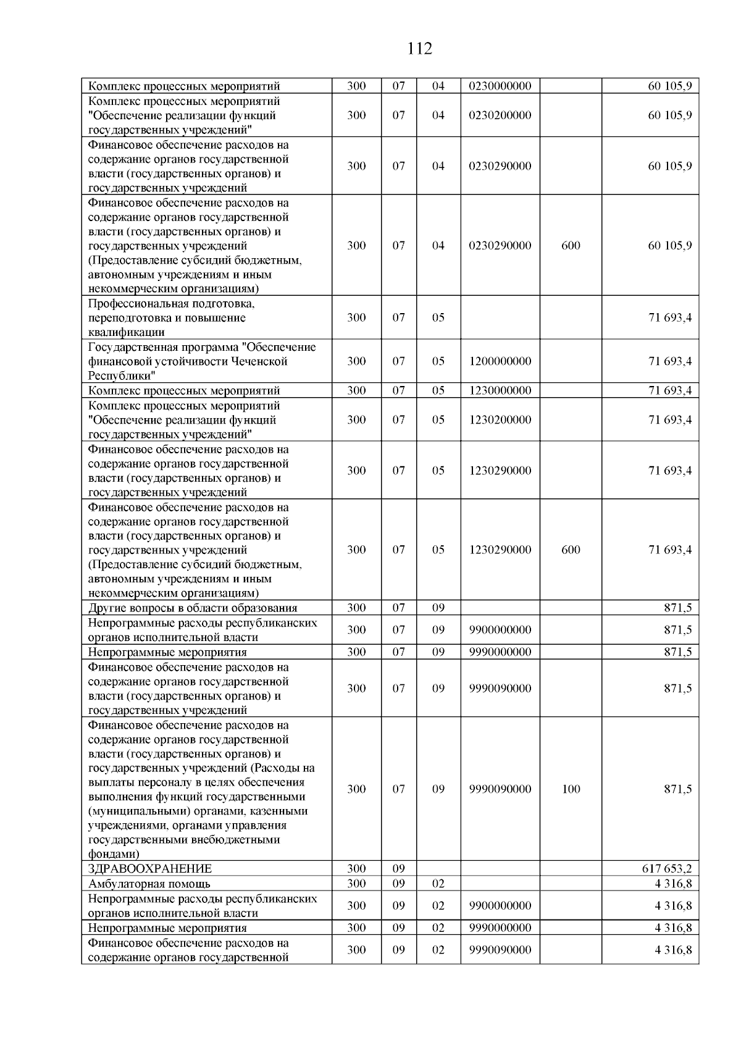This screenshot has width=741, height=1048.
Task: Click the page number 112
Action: click(420, 49)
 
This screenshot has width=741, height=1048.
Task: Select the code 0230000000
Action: click(500, 86)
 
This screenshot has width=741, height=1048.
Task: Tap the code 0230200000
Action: click(500, 115)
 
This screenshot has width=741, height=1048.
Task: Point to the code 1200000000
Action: click(500, 361)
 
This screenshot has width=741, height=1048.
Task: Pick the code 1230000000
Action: click(500, 390)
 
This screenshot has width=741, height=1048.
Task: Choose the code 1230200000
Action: click(500, 420)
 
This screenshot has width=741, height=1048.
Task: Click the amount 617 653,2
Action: click(667, 869)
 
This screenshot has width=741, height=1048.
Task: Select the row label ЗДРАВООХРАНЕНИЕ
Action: click(150, 869)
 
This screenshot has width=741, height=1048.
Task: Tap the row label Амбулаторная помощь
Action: click(149, 884)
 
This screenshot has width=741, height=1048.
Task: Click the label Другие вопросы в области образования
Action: click(193, 608)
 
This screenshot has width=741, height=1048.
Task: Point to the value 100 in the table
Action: click(571, 789)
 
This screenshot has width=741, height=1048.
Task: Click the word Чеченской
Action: click(258, 361)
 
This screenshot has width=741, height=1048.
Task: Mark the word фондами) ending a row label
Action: click(114, 854)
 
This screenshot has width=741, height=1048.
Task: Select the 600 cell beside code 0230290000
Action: click(571, 246)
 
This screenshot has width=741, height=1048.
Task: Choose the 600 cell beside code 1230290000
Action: click(571, 550)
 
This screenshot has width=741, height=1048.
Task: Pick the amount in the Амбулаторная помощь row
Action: click(673, 884)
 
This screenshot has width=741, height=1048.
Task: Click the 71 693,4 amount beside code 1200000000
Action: click(670, 361)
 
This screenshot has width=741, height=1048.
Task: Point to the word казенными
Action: click(280, 811)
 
